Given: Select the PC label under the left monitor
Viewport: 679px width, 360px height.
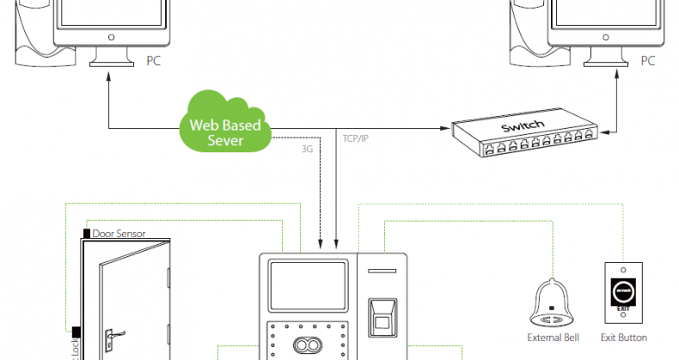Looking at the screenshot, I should (154, 61).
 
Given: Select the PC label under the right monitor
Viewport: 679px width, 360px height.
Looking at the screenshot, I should (647, 61).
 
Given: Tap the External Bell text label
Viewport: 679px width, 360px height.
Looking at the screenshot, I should (553, 337).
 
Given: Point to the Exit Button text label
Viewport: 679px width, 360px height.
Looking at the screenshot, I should (623, 337).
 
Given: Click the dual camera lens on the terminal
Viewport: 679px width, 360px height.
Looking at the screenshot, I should (304, 345).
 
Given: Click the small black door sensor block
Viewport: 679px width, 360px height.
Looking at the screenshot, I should (86, 233).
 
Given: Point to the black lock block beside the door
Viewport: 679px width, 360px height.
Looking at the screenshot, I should (76, 331).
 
